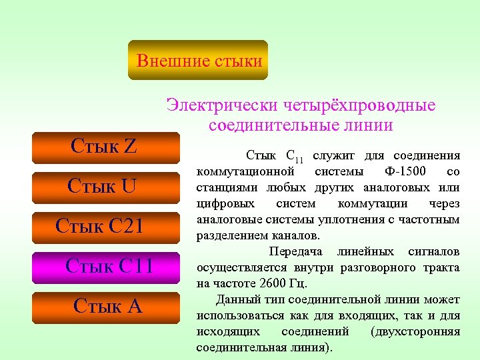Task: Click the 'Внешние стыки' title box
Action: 198,61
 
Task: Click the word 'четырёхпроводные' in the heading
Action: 359,105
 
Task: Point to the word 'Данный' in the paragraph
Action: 239,299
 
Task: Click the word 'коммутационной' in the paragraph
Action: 238,171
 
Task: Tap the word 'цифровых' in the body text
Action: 221,203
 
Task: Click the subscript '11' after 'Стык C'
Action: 299,159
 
